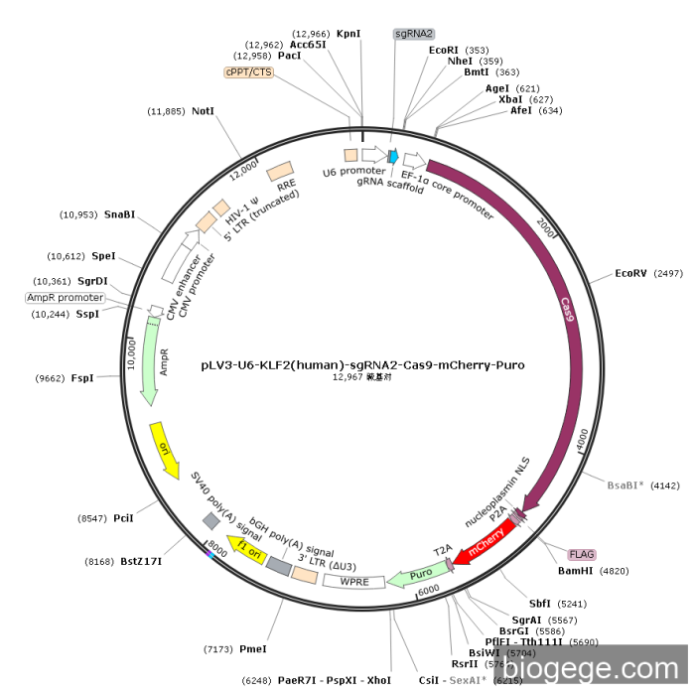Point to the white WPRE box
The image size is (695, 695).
[353, 581]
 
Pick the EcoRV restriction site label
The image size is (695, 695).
[630, 272]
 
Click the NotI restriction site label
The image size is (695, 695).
[204, 111]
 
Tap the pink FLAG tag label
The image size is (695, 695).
[581, 554]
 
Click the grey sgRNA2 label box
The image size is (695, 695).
[414, 34]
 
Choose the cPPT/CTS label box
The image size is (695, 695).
[249, 71]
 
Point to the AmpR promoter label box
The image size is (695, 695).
[66, 298]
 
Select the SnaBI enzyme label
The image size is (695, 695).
[120, 213]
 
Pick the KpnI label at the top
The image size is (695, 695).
[348, 34]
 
